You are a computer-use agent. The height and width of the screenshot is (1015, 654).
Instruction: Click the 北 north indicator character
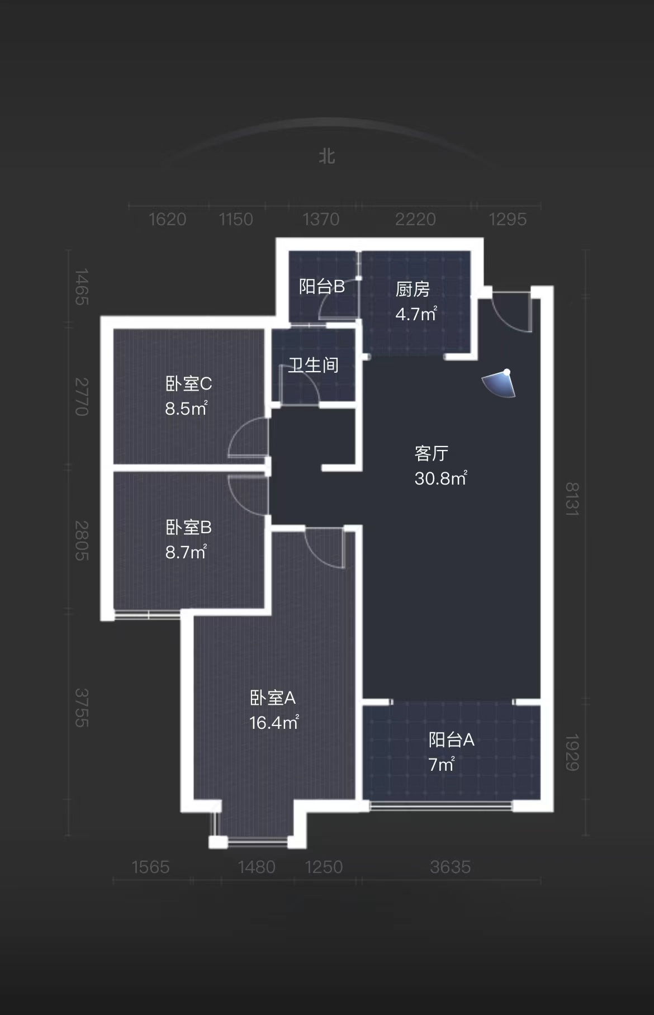point(327,156)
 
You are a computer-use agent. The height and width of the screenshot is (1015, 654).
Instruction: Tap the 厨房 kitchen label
point(413,289)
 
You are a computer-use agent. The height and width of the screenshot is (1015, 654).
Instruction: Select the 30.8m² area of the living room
point(440,478)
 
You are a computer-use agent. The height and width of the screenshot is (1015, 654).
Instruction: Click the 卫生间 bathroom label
point(314,365)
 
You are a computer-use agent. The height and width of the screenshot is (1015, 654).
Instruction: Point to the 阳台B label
point(321,287)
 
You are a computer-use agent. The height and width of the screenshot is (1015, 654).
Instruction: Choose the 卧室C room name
point(188,383)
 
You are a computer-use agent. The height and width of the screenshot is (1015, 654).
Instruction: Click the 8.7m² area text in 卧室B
point(186,552)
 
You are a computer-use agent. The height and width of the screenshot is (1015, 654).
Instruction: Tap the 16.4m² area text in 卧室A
point(274,723)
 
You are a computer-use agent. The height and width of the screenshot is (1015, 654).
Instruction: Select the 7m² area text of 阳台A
point(442,764)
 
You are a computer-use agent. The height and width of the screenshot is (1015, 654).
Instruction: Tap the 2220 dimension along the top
point(415,219)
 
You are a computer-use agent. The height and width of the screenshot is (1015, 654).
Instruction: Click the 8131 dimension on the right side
point(572,499)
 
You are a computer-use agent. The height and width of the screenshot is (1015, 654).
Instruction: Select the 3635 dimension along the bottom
point(450,867)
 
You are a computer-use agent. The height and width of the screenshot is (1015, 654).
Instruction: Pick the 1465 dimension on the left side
point(82,287)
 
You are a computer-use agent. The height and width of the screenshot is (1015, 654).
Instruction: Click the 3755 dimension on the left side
point(82,708)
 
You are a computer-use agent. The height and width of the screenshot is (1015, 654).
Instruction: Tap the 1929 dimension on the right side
point(572,752)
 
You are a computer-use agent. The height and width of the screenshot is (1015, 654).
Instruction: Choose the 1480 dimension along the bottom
point(257,867)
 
